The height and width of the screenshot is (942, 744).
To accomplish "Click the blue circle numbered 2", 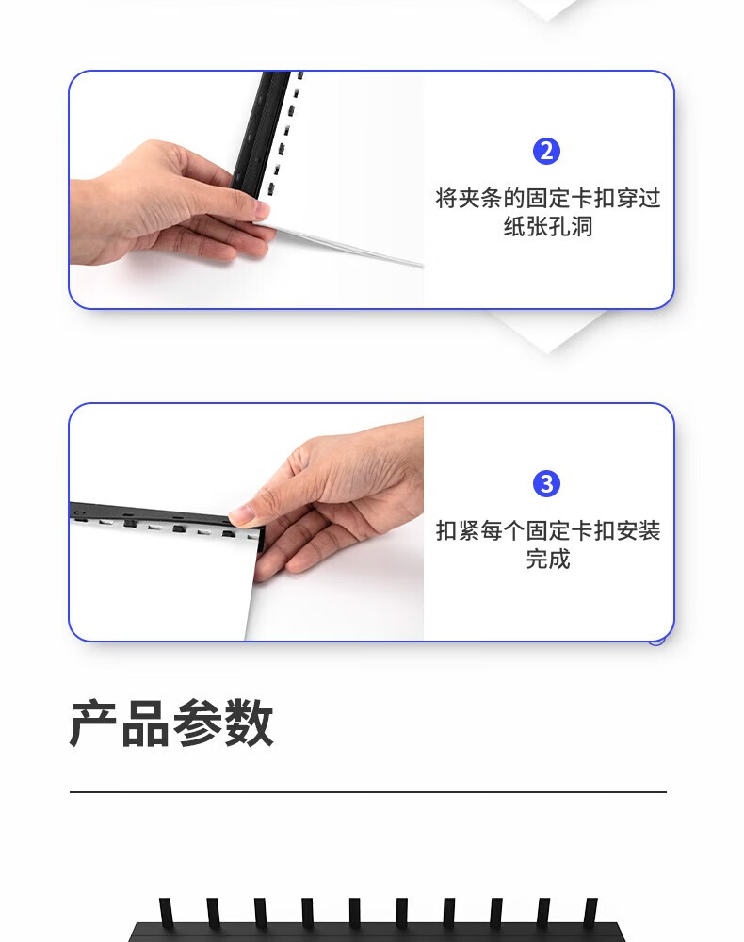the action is click(546, 152).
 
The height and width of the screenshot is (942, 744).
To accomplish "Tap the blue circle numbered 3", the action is click(546, 483).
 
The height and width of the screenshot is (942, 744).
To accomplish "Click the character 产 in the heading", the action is click(93, 723).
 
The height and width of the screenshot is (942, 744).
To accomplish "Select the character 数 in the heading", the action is click(249, 723).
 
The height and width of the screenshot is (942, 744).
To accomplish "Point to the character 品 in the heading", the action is click(146, 723).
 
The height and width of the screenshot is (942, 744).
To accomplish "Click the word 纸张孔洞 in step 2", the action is click(548, 226).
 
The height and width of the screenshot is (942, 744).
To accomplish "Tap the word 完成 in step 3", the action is click(548, 559).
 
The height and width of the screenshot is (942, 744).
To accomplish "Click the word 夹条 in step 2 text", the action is click(480, 198).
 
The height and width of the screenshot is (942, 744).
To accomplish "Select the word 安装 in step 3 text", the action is click(638, 530).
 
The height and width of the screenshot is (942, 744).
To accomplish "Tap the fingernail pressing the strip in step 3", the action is click(241, 513).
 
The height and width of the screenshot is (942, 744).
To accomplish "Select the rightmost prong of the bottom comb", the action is click(590, 911).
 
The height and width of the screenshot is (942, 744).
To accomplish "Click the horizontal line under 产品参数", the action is click(368, 792).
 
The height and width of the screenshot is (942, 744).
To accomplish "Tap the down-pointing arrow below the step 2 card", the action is click(547, 331).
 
